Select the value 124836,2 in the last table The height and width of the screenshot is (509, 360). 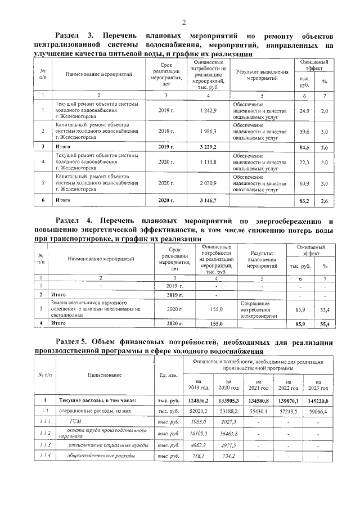click(x=197, y=400)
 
